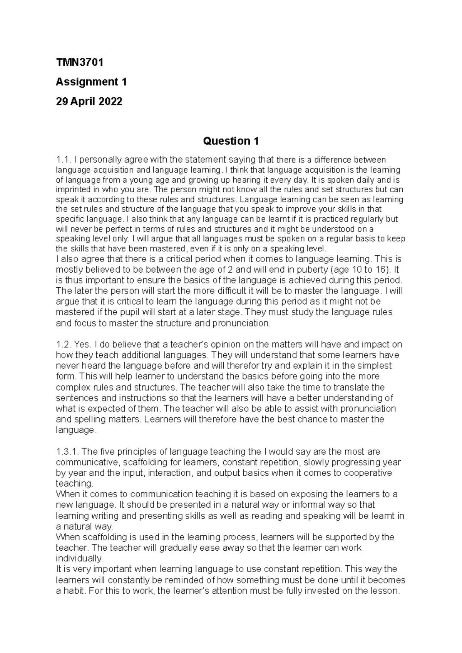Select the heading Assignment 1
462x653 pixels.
coord(91,82)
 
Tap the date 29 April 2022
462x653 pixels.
coord(89,102)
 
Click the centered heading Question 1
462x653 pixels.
coord(231,141)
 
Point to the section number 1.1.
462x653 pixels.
coord(63,160)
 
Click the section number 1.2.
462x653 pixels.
coord(63,344)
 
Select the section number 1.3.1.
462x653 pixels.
coord(67,451)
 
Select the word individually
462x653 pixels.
coord(79,558)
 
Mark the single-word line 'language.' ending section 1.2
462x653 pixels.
coord(75,430)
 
